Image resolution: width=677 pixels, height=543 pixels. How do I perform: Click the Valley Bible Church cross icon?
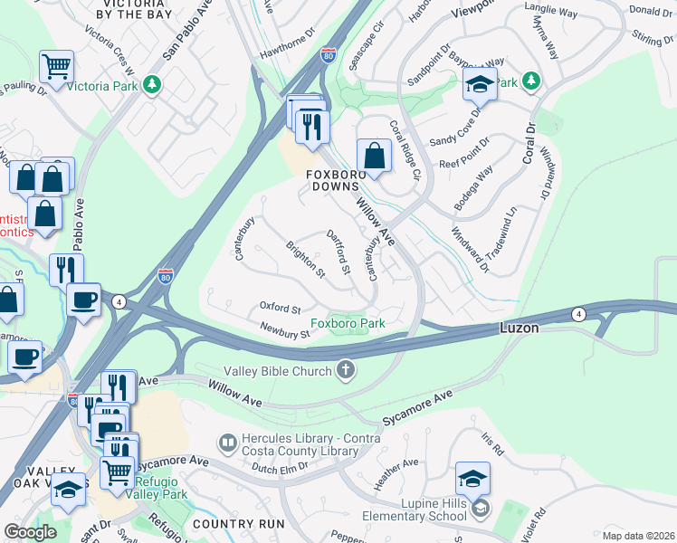point(345,369)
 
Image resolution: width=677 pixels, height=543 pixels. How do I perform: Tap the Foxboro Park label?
point(348,323)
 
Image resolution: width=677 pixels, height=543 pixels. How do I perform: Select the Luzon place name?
point(520,329)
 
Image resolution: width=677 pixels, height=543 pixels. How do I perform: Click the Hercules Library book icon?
point(228,443)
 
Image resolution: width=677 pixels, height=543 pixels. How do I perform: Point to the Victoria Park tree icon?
point(154,83)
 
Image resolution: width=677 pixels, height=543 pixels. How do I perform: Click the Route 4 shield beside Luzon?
point(577,314)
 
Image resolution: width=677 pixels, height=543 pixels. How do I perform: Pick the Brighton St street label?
point(305,260)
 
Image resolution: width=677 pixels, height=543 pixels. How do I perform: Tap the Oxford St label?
point(279,309)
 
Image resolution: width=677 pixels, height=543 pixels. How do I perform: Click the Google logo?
point(30,531)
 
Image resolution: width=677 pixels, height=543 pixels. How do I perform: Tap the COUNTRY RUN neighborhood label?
point(238,524)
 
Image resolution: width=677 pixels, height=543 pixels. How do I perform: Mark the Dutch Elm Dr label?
point(279,467)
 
